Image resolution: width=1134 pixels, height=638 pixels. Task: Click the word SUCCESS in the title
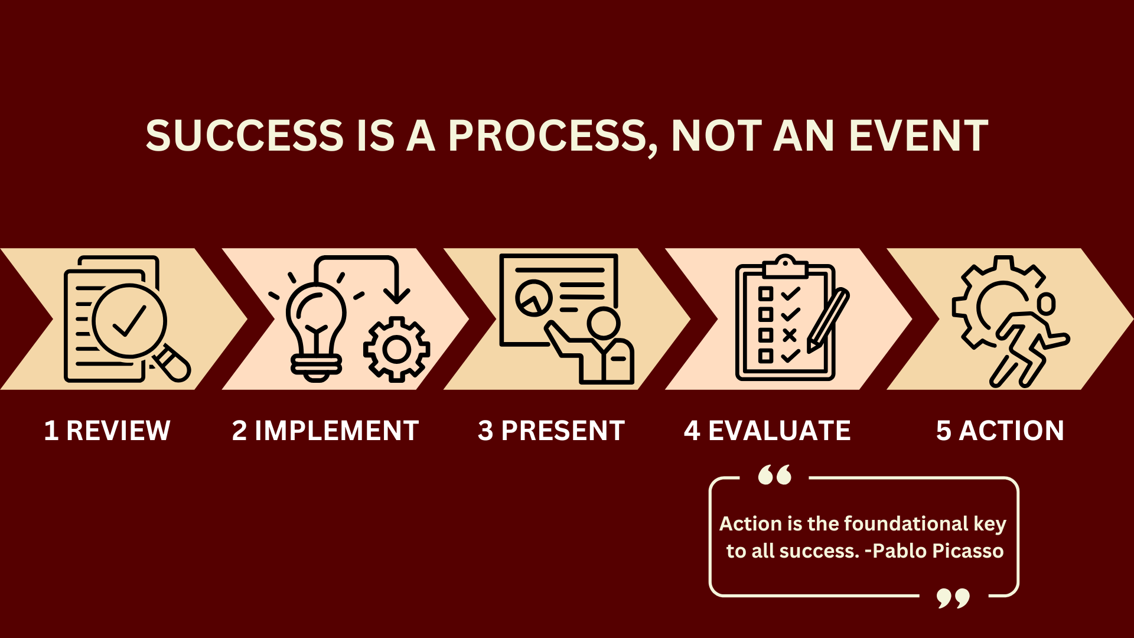point(245,135)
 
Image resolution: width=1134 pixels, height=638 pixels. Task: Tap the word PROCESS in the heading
point(548,136)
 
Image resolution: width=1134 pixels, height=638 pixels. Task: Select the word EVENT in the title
point(918,135)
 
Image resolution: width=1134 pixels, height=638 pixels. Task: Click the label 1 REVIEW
point(107,430)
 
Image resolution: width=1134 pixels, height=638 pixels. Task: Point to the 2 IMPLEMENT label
point(325,430)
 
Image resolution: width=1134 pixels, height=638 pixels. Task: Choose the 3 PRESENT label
point(552,430)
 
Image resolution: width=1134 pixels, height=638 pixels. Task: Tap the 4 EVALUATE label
point(767,430)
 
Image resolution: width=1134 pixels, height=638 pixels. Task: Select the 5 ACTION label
point(1000,430)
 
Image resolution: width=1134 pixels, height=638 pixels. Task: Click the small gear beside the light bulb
point(396,349)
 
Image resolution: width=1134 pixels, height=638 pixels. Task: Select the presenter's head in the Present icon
point(604,323)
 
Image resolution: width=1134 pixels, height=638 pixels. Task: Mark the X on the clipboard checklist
point(790,336)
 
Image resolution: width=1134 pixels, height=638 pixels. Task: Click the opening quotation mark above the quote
point(775,475)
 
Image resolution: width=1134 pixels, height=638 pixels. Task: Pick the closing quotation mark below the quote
point(953,598)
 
